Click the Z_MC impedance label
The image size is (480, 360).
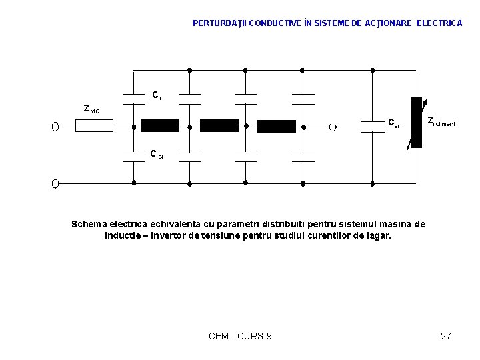click(x=91, y=109)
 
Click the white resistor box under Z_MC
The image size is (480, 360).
click(x=94, y=126)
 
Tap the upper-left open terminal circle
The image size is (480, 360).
click(x=56, y=126)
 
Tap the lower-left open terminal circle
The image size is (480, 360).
click(x=56, y=183)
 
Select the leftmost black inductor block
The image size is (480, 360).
click(x=161, y=125)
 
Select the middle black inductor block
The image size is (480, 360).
click(x=219, y=125)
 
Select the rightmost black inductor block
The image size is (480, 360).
click(x=276, y=126)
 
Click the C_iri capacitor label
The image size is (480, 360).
click(x=158, y=96)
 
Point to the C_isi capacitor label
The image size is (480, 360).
click(x=156, y=155)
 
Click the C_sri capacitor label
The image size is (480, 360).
click(x=395, y=123)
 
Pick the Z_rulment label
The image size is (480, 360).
click(x=441, y=122)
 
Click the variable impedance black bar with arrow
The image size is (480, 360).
click(x=417, y=123)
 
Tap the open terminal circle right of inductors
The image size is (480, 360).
click(x=331, y=126)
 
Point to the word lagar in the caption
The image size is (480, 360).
click(x=377, y=236)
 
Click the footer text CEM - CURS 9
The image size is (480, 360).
click(x=240, y=336)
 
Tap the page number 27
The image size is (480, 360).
click(x=446, y=336)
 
